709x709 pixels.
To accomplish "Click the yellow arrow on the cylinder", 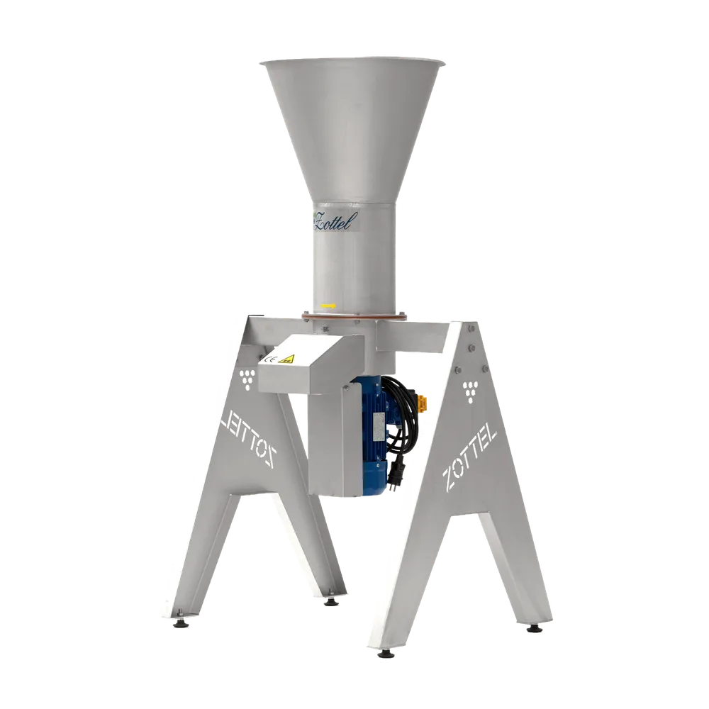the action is [x=328, y=306].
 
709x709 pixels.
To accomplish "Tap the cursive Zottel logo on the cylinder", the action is [x=334, y=221].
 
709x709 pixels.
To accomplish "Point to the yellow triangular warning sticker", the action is [x=286, y=359].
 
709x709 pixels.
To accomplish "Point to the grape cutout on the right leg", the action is [x=471, y=393].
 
